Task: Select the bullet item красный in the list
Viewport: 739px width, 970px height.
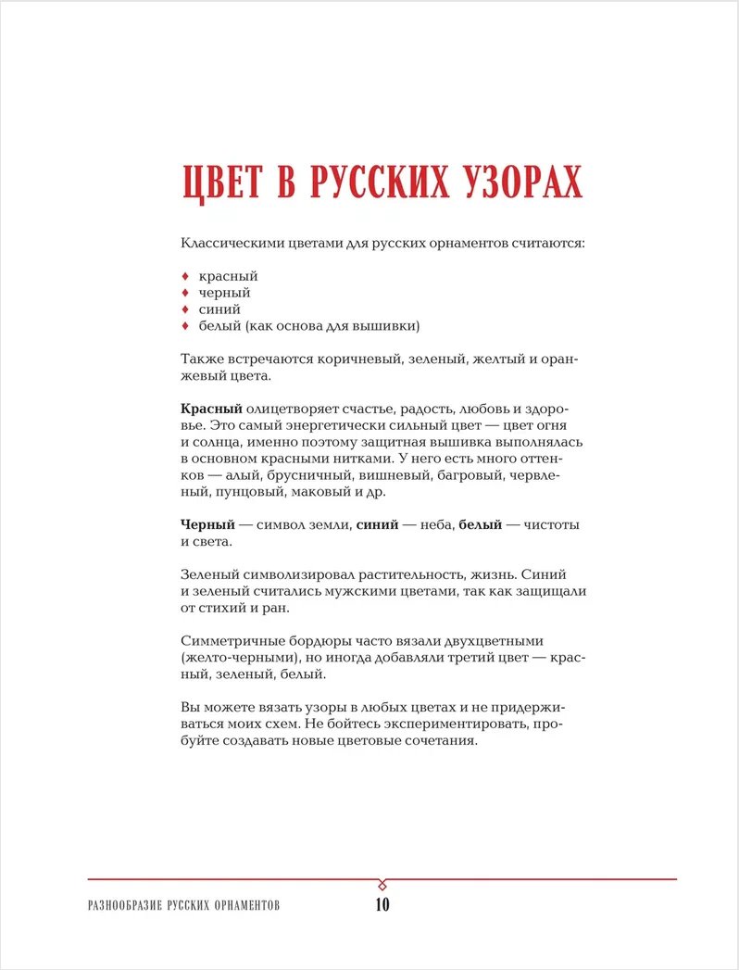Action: pyautogui.click(x=228, y=276)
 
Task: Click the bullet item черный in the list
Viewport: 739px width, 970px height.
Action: pyautogui.click(x=224, y=293)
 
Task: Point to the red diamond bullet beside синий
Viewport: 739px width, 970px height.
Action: pyautogui.click(x=185, y=309)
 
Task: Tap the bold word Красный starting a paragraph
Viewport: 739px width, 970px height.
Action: pyautogui.click(x=211, y=409)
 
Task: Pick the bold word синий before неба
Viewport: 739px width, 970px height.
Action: pyautogui.click(x=375, y=525)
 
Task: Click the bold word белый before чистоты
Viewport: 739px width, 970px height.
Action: pyautogui.click(x=478, y=525)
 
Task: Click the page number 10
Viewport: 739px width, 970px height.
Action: pyautogui.click(x=382, y=905)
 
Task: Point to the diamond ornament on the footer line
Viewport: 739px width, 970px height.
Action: pyautogui.click(x=382, y=881)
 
